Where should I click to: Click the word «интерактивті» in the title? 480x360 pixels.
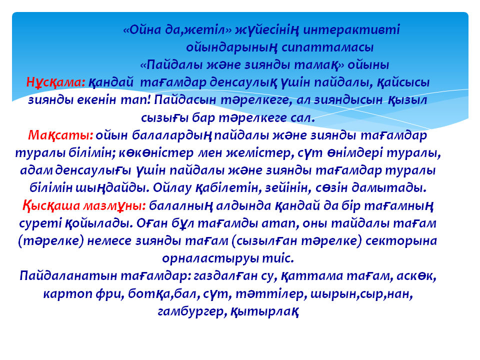351,30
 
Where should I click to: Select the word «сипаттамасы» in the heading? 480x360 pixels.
327,47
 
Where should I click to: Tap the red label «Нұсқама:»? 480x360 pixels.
55,82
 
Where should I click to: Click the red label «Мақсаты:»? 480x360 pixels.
60,135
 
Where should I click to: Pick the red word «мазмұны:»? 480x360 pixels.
114,205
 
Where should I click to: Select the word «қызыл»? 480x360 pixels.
407,100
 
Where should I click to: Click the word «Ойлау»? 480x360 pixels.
172,188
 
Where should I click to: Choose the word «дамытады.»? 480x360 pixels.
389,188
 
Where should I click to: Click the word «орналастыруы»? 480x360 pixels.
210,258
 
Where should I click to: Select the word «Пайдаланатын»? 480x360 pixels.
68,276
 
